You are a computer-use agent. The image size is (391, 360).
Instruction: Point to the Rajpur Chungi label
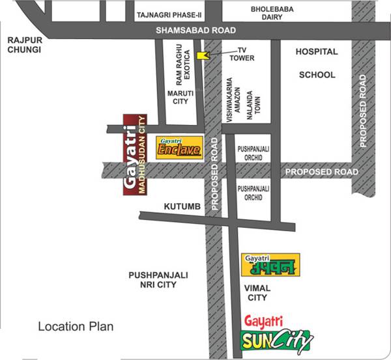pos(24,45)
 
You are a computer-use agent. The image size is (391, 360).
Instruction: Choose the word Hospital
pos(317,51)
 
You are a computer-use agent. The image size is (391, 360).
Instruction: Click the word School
pos(317,75)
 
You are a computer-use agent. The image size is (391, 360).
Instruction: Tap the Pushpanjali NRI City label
pos(158,281)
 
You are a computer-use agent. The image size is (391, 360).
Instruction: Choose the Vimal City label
pos(256,292)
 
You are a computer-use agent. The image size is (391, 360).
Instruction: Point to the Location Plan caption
pos(75,326)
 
